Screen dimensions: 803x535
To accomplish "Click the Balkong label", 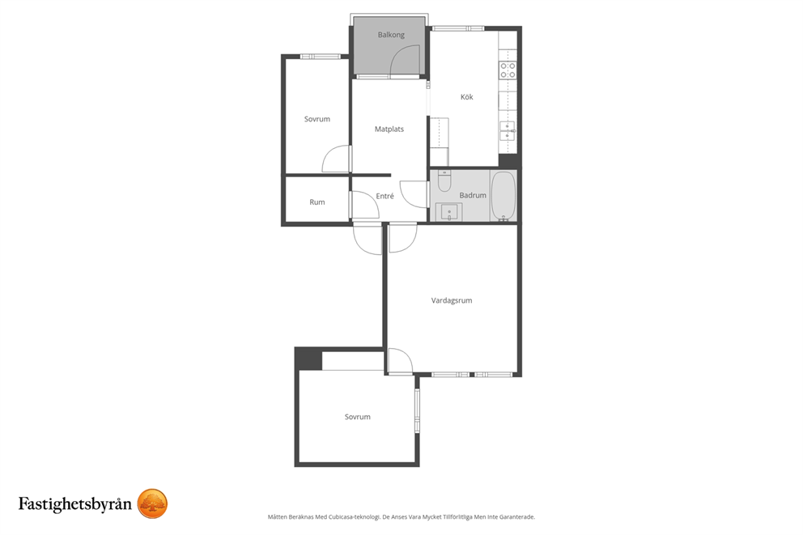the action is click(391, 35).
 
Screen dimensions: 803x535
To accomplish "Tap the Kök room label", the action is click(466, 97).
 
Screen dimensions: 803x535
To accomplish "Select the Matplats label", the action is click(389, 129).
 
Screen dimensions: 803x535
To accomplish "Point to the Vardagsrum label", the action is click(452, 300).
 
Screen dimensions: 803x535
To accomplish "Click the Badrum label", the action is click(473, 195).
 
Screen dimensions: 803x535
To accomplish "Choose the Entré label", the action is click(385, 196).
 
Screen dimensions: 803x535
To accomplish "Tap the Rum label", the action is click(317, 202).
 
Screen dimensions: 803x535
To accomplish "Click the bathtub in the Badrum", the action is click(503, 196).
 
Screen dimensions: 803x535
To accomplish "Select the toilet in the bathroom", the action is click(444, 180).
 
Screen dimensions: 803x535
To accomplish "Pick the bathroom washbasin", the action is click(449, 212).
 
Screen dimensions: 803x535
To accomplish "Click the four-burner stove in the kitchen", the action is click(508, 70).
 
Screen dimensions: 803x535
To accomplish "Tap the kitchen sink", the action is click(508, 131).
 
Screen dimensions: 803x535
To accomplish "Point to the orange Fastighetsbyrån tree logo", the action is click(153, 503).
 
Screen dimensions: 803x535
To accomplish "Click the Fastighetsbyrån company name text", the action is click(75, 504).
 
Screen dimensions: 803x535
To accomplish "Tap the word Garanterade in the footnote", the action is click(518, 517).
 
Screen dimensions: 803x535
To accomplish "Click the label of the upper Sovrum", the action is click(317, 119).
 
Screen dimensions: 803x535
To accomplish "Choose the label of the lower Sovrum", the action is click(358, 418).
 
